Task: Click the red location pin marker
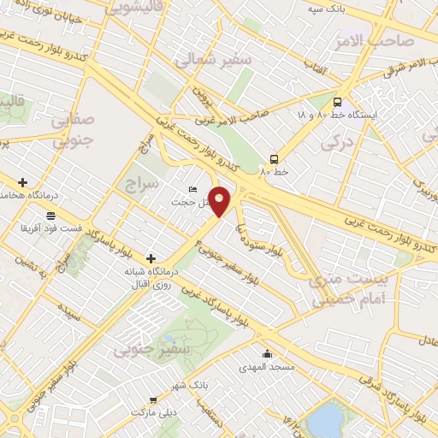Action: (x=221, y=201)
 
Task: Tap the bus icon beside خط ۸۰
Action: (x=275, y=159)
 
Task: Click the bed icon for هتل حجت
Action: (x=192, y=190)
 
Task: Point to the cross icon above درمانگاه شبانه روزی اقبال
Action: (x=151, y=257)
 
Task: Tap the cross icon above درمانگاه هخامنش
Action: (x=22, y=182)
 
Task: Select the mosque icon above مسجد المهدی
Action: (x=268, y=354)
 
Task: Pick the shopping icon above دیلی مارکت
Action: (x=153, y=399)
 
